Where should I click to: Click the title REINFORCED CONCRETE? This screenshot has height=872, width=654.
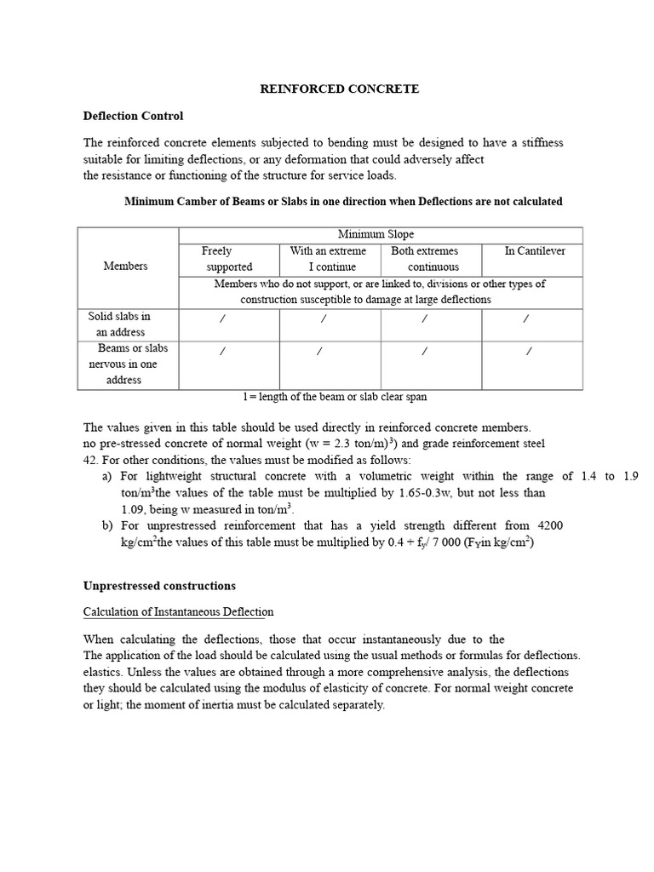[339, 89]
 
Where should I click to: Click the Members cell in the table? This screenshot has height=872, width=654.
[125, 266]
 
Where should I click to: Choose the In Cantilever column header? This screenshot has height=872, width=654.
[534, 250]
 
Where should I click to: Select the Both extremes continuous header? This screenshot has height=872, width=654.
[426, 259]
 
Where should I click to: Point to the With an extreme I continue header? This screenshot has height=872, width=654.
[328, 259]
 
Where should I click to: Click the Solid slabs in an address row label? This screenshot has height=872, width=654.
[120, 324]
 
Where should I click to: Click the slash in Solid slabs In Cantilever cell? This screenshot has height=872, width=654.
[526, 318]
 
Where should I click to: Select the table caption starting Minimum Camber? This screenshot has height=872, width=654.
[343, 202]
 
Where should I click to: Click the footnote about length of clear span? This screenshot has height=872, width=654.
[334, 397]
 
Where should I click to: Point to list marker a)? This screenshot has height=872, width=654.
[107, 477]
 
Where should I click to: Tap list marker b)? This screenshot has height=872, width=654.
[108, 526]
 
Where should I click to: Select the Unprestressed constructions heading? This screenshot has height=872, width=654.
[158, 586]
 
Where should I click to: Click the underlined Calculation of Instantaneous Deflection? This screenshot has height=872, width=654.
[178, 612]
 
